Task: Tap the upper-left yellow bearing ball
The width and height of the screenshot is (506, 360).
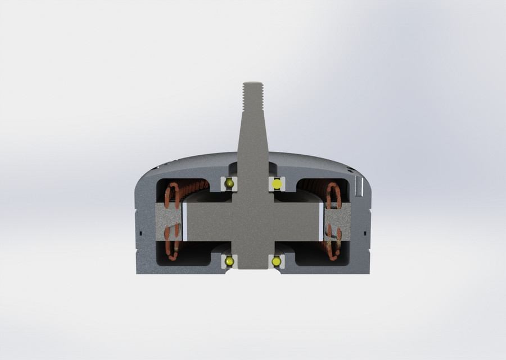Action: pyautogui.click(x=229, y=184)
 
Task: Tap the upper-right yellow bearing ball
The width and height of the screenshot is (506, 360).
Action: pyautogui.click(x=277, y=184)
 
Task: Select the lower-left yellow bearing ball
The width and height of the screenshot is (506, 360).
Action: pyautogui.click(x=229, y=262)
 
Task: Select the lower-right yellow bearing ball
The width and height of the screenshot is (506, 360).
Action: pyautogui.click(x=277, y=262)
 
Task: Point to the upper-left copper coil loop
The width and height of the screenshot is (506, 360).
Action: pyautogui.click(x=171, y=194)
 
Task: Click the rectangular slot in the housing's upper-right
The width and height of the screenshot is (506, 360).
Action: pyautogui.click(x=359, y=188)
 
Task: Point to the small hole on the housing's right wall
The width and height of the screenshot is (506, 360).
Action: pyautogui.click(x=366, y=231)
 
